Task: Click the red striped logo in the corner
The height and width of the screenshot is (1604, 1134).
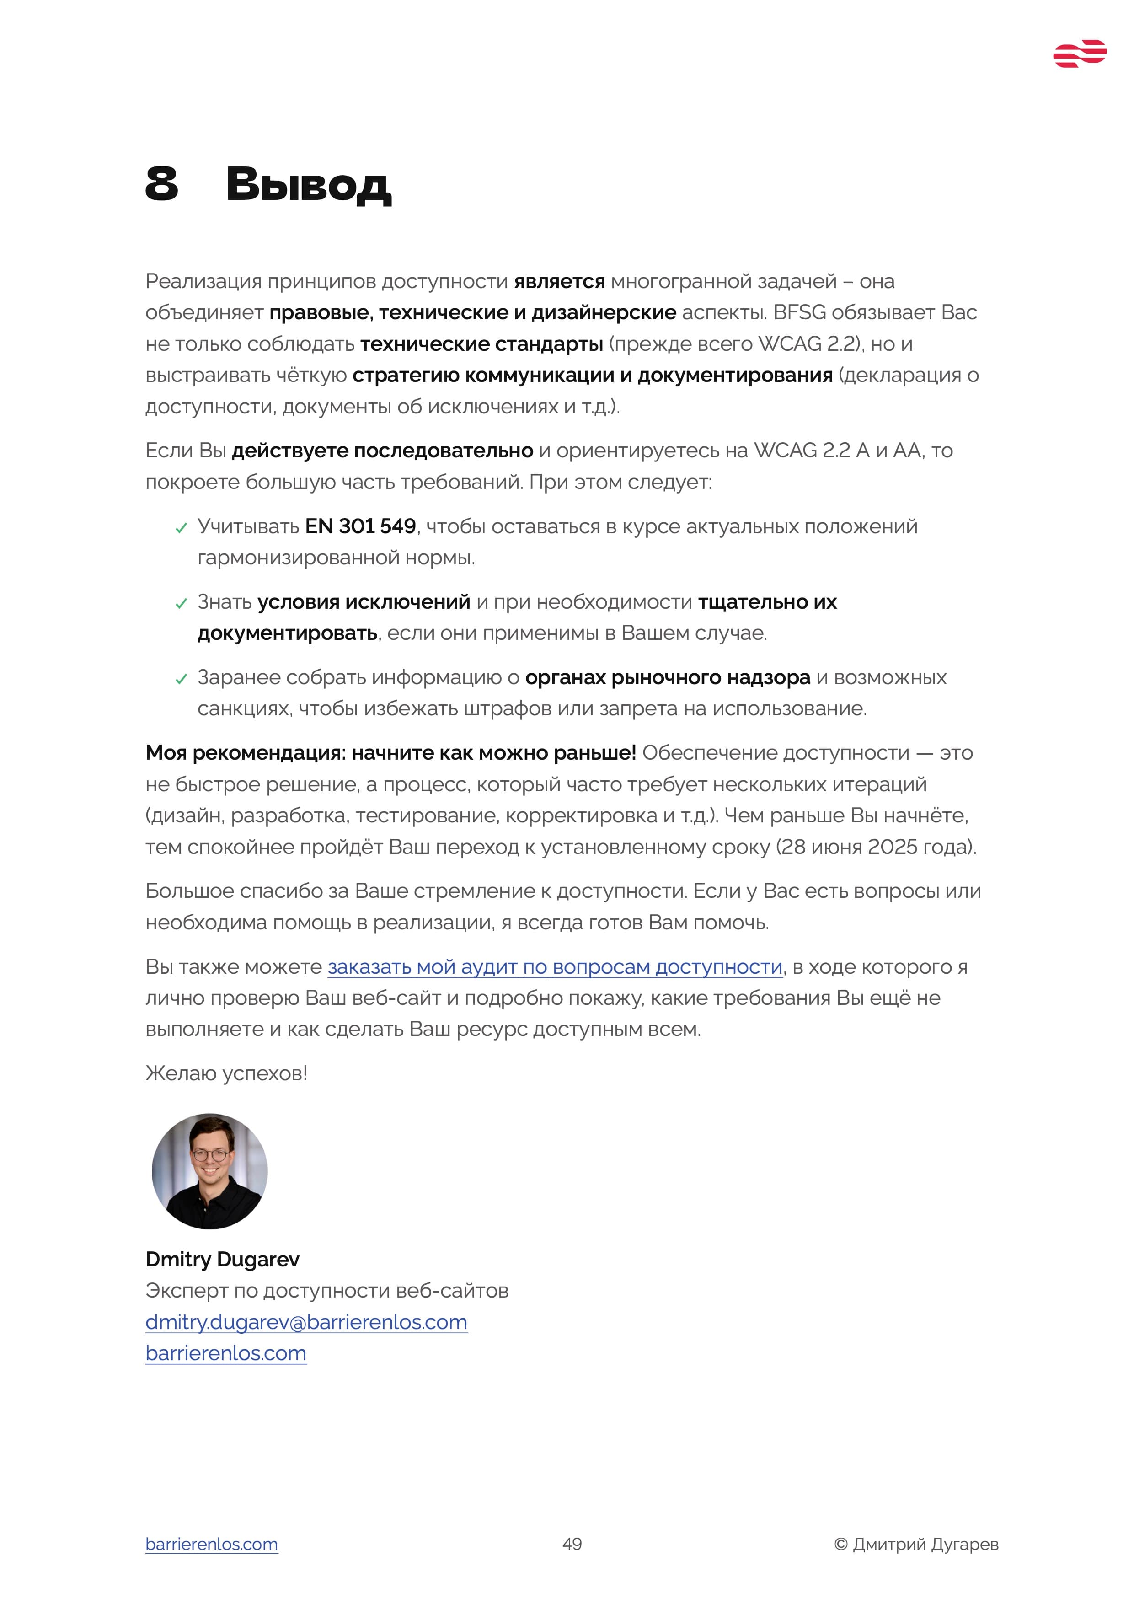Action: point(1079,54)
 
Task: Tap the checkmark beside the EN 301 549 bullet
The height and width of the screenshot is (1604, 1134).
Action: point(181,528)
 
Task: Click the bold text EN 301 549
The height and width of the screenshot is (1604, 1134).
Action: point(360,526)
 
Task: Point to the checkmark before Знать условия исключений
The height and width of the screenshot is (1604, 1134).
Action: point(181,604)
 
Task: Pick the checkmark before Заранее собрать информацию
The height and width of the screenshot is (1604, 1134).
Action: point(181,679)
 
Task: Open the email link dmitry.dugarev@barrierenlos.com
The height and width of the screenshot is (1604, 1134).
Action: point(306,1322)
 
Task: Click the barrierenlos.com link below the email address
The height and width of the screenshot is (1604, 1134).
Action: point(225,1353)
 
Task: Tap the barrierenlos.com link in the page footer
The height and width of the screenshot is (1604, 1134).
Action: point(212,1544)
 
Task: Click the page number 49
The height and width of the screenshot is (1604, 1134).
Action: point(572,1544)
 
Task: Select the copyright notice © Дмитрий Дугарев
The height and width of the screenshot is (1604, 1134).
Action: point(916,1544)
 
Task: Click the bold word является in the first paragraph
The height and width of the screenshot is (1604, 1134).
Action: point(559,282)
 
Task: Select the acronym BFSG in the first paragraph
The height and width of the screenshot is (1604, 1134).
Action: point(799,312)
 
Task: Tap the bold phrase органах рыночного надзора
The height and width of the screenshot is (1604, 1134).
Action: point(668,678)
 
